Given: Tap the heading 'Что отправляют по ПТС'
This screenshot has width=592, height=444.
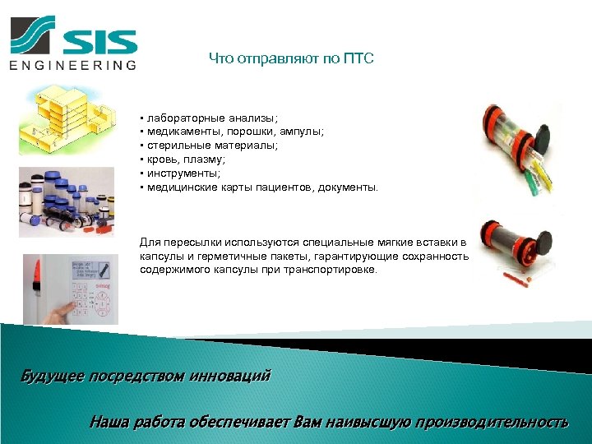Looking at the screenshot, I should (291, 58).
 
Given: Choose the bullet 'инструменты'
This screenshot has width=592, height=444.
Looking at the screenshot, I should (185, 173).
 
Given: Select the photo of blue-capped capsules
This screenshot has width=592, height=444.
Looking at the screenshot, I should (66, 201).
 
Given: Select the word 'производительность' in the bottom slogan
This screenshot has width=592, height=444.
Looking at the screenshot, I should (491, 423).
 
